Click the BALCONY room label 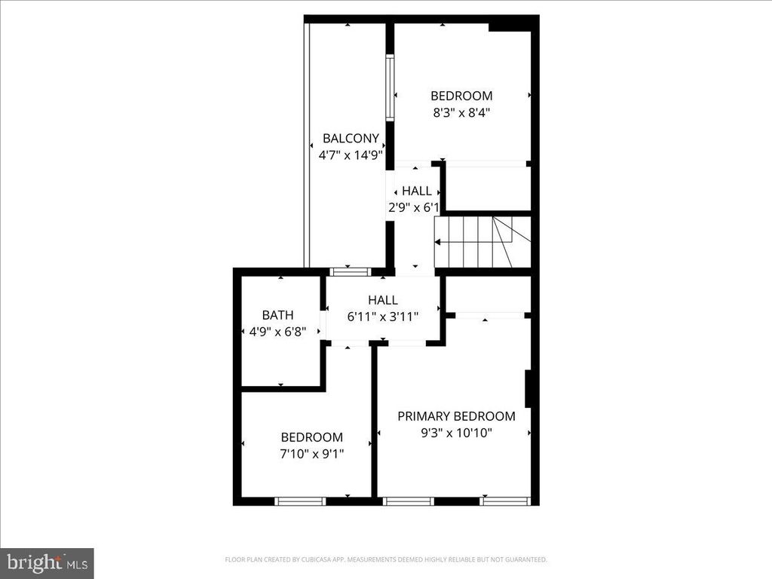point(351,138)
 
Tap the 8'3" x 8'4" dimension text point(461,112)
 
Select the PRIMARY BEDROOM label point(456,416)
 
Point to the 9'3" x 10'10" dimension point(456,433)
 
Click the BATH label point(277,315)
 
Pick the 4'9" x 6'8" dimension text point(277,331)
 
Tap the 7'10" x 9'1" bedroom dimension point(311,453)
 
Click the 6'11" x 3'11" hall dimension point(382,317)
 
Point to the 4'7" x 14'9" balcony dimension point(351,155)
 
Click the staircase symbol point(482,241)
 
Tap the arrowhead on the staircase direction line point(437,241)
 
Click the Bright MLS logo point(47,562)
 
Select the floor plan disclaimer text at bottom point(385,559)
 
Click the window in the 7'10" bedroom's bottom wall point(299,501)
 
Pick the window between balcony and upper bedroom point(390,87)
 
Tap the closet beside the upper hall point(487,188)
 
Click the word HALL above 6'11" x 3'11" point(382,300)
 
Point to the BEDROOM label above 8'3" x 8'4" point(461,96)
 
